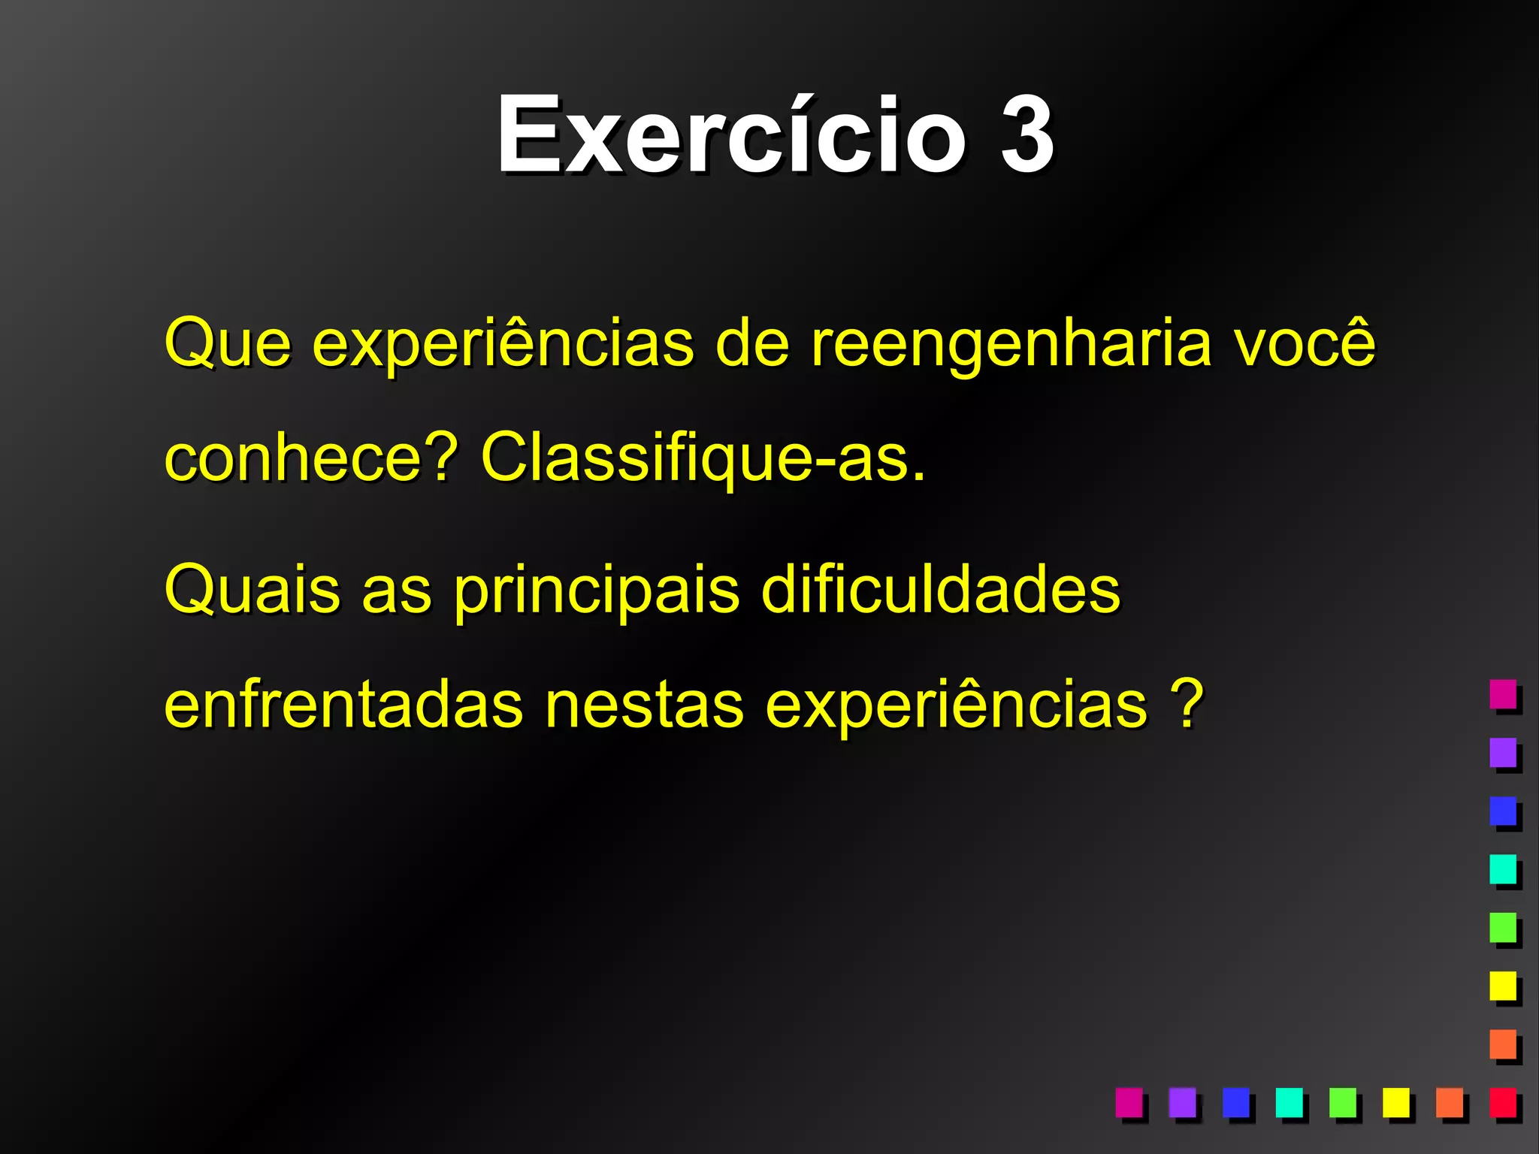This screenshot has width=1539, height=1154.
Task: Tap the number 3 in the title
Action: click(x=1027, y=136)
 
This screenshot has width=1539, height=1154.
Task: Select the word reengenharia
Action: click(x=1011, y=344)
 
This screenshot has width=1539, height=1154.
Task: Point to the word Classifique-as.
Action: click(x=703, y=458)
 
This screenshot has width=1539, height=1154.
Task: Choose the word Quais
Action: click(x=252, y=591)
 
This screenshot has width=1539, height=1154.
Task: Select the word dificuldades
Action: click(x=940, y=591)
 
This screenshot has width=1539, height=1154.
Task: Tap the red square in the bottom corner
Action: click(x=1503, y=1102)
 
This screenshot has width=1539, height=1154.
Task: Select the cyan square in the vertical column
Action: click(x=1503, y=869)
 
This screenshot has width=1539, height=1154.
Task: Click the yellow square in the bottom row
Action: click(x=1396, y=1102)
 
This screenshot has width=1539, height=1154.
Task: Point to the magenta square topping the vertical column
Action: click(x=1503, y=693)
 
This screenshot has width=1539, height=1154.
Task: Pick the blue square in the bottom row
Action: click(x=1235, y=1102)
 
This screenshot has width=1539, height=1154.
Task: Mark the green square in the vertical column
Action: click(x=1503, y=927)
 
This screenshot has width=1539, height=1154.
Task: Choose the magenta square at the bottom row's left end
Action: click(x=1129, y=1102)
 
